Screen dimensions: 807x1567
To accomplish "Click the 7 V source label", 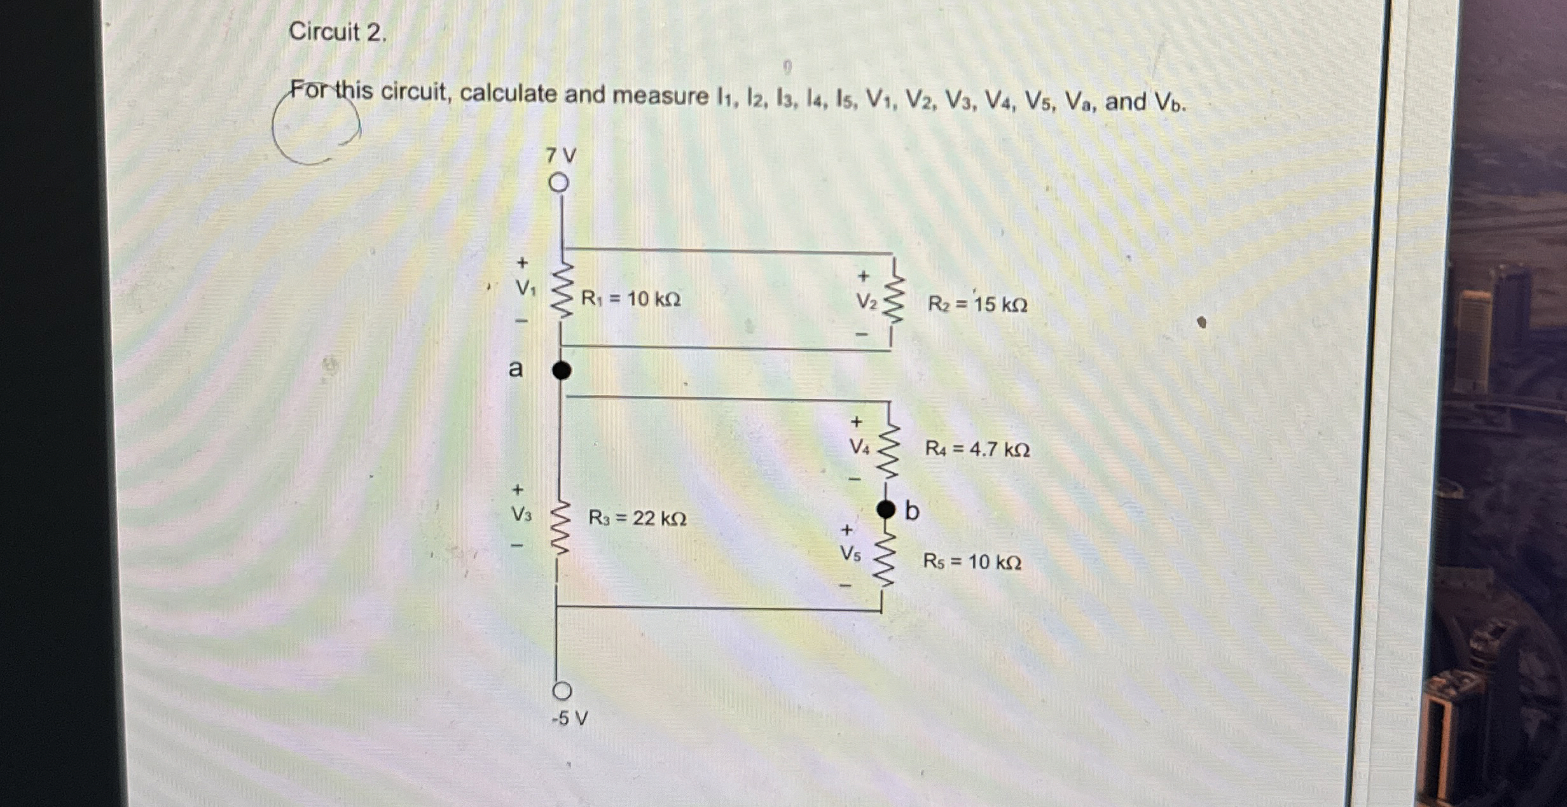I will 562,155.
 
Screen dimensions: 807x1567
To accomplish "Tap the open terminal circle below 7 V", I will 558,183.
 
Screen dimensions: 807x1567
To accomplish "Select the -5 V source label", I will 570,719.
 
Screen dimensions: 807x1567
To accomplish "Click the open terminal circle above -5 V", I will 562,691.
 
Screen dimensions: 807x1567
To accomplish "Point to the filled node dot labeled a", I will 561,370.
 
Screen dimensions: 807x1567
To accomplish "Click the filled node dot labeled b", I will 885,509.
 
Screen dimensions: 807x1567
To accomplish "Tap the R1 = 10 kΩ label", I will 631,298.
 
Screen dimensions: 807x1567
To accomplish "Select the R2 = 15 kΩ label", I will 977,304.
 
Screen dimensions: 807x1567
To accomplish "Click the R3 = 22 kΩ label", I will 637,518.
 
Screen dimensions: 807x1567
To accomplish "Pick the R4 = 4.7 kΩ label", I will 977,449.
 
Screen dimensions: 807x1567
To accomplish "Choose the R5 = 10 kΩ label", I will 972,561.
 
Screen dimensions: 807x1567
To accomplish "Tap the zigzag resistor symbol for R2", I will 894,299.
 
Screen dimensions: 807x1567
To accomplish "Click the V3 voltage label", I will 521,514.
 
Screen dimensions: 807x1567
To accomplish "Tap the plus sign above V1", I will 522,262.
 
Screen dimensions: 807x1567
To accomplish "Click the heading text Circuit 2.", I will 338,32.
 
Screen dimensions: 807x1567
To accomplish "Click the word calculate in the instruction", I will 508,94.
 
